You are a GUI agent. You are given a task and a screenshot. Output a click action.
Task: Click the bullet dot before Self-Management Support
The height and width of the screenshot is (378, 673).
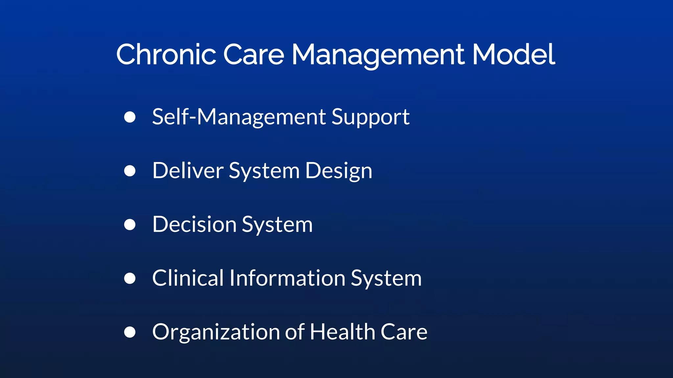[130, 117]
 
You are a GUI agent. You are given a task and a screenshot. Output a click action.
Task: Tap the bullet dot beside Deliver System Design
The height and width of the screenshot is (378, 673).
[130, 171]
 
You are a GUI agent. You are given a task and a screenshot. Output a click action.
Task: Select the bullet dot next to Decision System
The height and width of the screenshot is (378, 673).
[130, 225]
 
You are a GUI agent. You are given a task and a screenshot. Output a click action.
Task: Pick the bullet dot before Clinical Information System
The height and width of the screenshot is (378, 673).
[130, 278]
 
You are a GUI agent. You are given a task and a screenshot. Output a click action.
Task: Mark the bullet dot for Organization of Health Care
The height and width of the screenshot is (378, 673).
[130, 332]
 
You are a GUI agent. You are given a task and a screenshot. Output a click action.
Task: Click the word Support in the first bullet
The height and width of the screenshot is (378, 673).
[370, 117]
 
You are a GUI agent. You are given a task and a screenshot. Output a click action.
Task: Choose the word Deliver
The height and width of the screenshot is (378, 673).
[188, 171]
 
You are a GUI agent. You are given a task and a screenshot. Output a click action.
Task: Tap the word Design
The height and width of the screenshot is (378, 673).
[338, 171]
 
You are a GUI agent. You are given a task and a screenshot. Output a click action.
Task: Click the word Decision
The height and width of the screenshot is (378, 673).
[194, 225]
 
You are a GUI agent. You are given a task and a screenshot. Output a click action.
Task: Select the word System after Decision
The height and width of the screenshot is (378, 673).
[277, 225]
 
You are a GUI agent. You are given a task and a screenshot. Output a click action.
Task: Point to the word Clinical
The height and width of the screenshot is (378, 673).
[188, 278]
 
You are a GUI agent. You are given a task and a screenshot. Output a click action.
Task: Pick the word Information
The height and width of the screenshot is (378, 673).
[287, 278]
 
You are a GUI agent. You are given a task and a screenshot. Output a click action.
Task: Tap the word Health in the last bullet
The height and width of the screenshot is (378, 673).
[342, 332]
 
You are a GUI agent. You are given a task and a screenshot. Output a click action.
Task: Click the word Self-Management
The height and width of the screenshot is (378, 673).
[239, 117]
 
